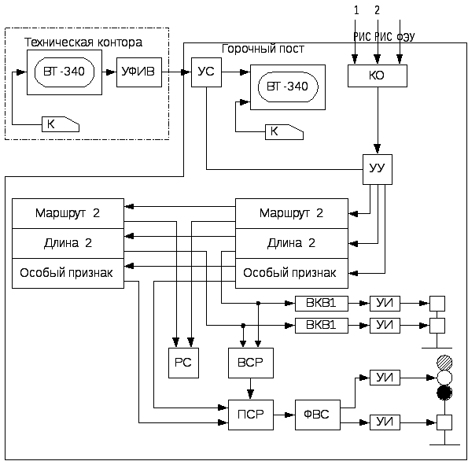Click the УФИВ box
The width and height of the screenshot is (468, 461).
click(x=139, y=72)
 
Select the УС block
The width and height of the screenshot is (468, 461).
click(x=206, y=72)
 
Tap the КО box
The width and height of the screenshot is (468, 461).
click(x=378, y=76)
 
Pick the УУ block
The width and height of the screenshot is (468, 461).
click(x=378, y=169)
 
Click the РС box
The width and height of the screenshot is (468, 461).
click(x=183, y=363)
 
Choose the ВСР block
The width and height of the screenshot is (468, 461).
click(x=251, y=363)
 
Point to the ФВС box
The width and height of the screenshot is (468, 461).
click(x=318, y=415)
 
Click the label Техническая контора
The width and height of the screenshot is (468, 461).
click(x=83, y=42)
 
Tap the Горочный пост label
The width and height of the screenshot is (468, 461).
click(x=263, y=49)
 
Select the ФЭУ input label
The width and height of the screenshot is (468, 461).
click(x=406, y=37)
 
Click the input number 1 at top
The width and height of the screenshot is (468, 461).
click(x=356, y=10)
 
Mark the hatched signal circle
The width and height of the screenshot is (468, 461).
click(x=444, y=363)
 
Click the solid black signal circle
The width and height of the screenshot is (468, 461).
click(x=444, y=393)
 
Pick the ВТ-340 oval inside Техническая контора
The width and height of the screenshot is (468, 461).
click(x=64, y=72)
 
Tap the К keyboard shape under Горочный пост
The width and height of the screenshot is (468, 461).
click(x=284, y=132)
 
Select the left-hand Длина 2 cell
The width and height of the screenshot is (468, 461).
click(x=68, y=243)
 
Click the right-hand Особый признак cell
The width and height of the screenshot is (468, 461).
click(x=292, y=273)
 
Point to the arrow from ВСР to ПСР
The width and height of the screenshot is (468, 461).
click(x=251, y=389)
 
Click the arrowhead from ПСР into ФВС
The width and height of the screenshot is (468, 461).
click(x=291, y=415)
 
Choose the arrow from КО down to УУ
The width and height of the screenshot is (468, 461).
click(x=378, y=120)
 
